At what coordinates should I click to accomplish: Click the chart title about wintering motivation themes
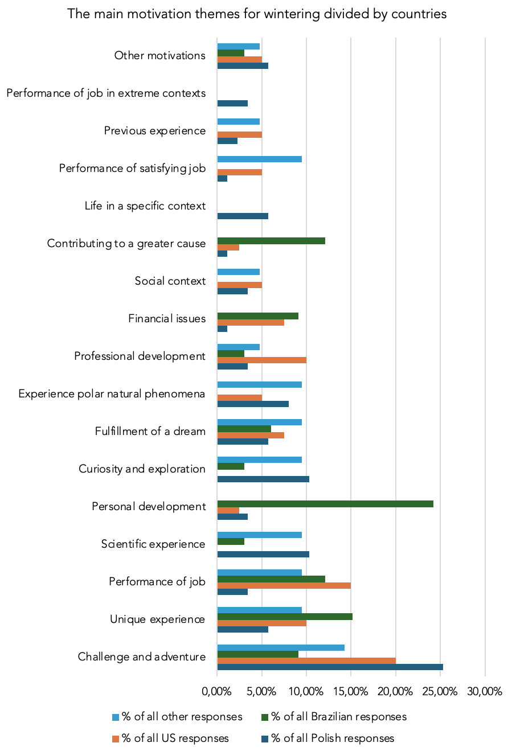tap(256, 14)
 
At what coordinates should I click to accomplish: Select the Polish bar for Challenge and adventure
tap(330, 667)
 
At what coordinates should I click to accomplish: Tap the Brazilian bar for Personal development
tap(325, 504)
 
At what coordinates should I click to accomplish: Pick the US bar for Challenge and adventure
tap(306, 660)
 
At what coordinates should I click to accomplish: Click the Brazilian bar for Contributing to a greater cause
tap(271, 241)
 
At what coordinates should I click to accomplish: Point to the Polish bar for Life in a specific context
tap(243, 216)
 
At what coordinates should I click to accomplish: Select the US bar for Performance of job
tap(284, 585)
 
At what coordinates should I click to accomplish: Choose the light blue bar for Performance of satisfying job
tap(259, 159)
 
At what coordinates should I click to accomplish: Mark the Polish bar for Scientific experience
tap(263, 554)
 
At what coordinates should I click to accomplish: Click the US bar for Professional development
tap(261, 360)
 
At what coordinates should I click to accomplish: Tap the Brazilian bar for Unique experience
tap(285, 617)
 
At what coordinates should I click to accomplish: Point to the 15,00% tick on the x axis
tap(351, 692)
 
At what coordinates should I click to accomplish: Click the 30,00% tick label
tap(485, 692)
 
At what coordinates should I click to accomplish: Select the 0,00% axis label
tap(216, 692)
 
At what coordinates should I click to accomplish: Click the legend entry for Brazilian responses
tap(338, 717)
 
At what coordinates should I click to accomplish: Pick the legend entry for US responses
tap(175, 738)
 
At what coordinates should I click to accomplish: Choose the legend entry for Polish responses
tap(332, 738)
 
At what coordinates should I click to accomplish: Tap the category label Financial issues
tap(167, 319)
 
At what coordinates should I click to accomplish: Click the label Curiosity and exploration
tap(142, 469)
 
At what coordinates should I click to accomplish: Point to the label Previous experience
tap(154, 131)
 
